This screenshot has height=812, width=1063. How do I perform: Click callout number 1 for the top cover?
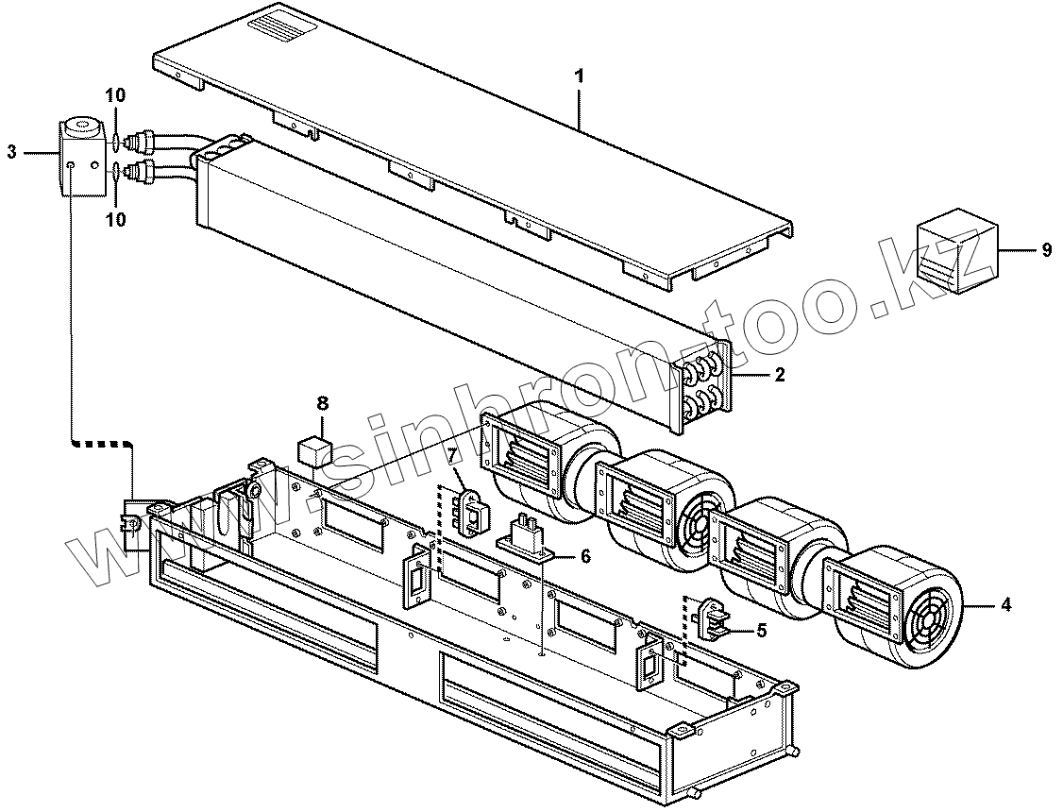point(580,76)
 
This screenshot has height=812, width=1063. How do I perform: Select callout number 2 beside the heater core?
point(779,375)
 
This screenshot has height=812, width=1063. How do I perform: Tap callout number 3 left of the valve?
point(12,151)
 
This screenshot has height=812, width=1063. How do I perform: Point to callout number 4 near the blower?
point(1005,604)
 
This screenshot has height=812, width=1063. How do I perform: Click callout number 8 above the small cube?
point(322,403)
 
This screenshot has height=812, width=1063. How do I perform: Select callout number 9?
point(1045,250)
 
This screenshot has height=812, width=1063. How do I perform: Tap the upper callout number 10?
point(114,95)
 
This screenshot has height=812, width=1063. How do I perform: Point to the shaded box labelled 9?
point(955,251)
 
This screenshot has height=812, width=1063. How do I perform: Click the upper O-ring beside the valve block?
point(114,144)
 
